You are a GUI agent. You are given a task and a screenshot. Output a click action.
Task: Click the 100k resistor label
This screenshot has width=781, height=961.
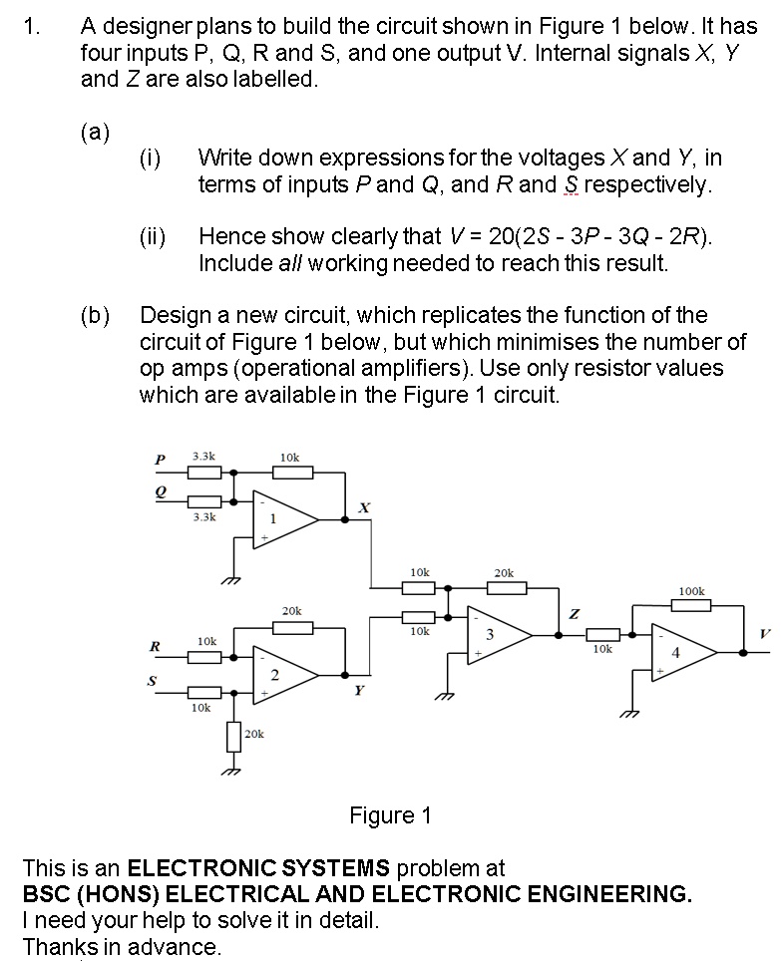click(691, 591)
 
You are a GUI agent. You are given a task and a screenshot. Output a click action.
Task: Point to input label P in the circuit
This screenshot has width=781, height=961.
click(158, 460)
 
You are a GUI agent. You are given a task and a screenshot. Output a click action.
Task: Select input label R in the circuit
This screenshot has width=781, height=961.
click(155, 646)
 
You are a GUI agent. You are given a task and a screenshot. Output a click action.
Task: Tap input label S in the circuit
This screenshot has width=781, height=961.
click(154, 682)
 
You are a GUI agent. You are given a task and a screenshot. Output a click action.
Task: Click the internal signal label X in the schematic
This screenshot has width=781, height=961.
click(364, 508)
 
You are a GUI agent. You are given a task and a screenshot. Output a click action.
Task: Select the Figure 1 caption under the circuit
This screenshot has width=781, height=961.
click(390, 816)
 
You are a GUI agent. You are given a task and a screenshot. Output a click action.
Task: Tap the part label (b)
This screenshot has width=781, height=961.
click(95, 316)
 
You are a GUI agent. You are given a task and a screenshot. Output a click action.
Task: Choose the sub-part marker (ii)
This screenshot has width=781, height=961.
click(152, 236)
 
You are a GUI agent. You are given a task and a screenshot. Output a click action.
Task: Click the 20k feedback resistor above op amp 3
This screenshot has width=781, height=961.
click(505, 588)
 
